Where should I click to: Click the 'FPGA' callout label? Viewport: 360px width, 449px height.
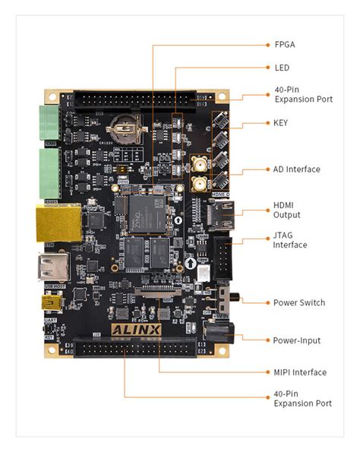284,45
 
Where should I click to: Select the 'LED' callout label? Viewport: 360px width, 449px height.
281,68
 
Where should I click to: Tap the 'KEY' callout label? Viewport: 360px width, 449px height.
281,122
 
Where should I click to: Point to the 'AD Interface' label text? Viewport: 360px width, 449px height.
296,169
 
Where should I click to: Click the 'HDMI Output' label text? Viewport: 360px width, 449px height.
289,210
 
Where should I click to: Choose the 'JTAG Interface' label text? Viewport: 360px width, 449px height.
290,240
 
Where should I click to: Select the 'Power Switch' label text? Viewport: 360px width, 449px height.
298,302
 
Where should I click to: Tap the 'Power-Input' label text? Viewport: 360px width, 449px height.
296,340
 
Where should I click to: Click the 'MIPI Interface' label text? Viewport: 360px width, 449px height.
300,372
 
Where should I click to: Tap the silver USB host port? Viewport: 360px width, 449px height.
54,267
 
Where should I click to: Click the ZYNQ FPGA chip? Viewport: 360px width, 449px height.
144,211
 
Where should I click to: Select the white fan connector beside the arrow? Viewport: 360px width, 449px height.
203,276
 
